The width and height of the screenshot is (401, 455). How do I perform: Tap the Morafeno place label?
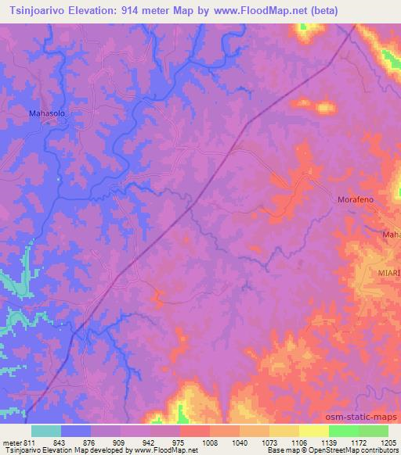click(358, 200)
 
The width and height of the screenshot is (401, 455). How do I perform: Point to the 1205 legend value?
click(389, 442)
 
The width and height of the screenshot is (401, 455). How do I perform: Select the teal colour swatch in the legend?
click(45, 431)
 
